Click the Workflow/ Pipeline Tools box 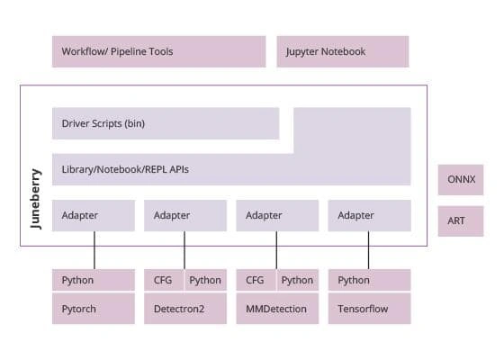point(158,51)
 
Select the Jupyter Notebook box point(343,51)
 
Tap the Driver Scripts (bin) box point(166,123)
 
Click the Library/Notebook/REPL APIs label point(125,169)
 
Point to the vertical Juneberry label point(36,199)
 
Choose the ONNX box point(461,180)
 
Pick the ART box point(461,221)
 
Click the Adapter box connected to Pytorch point(94,215)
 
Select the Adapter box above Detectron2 point(185,215)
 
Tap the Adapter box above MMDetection point(277,215)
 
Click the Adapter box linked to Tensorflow point(369,215)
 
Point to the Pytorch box point(94,309)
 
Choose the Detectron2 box point(185,309)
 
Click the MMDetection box point(277,309)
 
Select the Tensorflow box point(369,309)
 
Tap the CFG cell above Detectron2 point(164,280)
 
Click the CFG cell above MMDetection point(256,280)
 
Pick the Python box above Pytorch point(94,280)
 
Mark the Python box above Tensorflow point(369,280)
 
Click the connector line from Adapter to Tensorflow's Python point(368,250)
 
